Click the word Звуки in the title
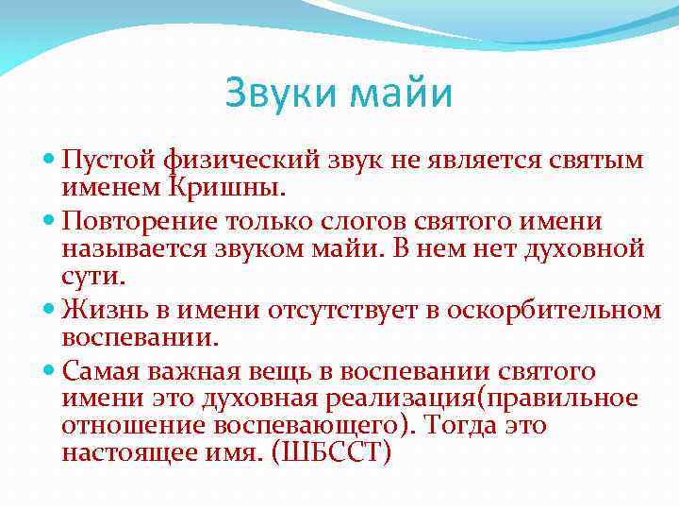(281, 94)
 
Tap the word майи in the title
(401, 94)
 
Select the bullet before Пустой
(50, 161)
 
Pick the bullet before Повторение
(50, 222)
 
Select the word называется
(134, 248)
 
